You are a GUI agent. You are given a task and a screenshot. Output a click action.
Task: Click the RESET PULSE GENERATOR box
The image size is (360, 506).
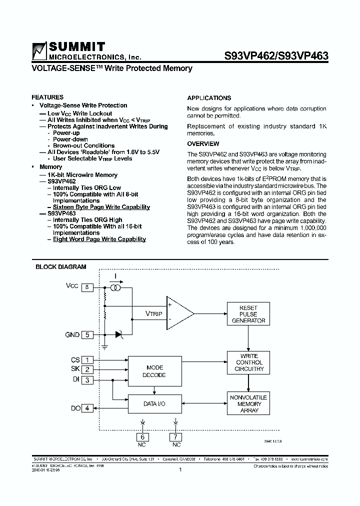tap(248, 314)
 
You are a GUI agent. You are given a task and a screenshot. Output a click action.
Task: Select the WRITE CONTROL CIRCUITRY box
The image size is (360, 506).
tap(248, 362)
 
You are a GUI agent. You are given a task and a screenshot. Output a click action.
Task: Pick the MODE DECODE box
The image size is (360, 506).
tap(154, 371)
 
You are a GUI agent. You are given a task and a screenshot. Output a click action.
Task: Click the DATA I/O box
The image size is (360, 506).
tap(154, 403)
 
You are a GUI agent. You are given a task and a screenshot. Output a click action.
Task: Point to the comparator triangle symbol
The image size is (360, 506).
tap(179, 313)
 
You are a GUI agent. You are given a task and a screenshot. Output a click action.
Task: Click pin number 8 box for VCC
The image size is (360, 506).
tap(87, 287)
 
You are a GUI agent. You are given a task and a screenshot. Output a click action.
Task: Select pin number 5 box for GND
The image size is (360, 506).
tap(87, 335)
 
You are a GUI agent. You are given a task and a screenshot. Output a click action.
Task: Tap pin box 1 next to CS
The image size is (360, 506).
tap(87, 359)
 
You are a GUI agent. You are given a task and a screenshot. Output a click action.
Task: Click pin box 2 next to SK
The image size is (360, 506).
tap(87, 369)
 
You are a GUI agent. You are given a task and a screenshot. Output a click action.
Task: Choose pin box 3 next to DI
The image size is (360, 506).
tap(87, 380)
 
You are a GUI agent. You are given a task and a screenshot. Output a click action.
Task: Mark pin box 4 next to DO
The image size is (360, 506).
tap(87, 408)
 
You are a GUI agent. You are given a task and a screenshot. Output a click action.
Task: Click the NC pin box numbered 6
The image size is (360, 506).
tap(142, 436)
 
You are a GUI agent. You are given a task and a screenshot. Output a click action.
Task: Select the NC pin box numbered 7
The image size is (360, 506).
tap(176, 436)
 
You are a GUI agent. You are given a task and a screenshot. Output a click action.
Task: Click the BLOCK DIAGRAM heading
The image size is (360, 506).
tap(60, 267)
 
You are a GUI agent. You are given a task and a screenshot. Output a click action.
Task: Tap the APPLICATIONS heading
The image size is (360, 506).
tap(209, 98)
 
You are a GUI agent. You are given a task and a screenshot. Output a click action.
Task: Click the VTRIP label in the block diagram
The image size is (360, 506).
tap(154, 313)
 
